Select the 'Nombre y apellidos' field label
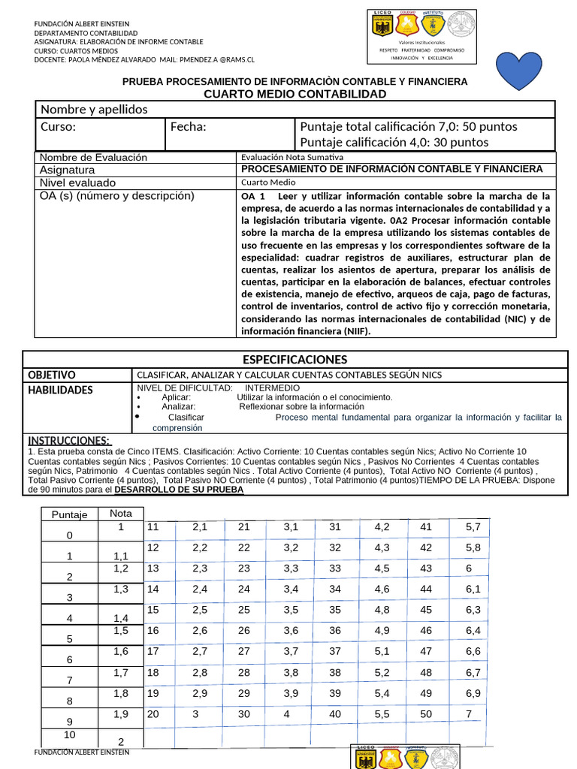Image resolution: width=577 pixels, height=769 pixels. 94,110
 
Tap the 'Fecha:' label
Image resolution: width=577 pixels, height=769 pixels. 188,126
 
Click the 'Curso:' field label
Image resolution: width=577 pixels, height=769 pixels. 58,126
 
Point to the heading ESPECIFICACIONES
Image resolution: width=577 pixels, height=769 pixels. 295,359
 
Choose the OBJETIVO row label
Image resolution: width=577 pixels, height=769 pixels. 52,375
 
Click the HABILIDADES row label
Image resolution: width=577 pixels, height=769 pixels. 60,390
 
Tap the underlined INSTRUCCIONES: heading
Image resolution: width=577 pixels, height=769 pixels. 69,440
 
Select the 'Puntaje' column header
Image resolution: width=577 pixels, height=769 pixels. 70,514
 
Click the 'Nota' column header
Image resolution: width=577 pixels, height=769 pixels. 121,513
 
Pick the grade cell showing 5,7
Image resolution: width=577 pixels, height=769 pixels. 473,527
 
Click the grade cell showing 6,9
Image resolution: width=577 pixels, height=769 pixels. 473,693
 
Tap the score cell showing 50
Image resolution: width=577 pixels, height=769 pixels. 426,713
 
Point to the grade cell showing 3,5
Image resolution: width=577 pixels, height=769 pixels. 291,610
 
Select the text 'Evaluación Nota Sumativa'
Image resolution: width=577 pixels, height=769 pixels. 292,158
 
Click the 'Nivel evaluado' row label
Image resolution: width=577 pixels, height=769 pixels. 77,182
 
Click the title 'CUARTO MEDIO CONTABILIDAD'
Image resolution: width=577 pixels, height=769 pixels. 295,94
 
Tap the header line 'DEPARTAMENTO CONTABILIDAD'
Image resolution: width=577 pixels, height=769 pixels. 86,34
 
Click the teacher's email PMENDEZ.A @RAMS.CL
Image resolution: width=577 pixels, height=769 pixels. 218,59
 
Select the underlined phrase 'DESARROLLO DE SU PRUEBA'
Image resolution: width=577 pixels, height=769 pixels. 179,489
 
